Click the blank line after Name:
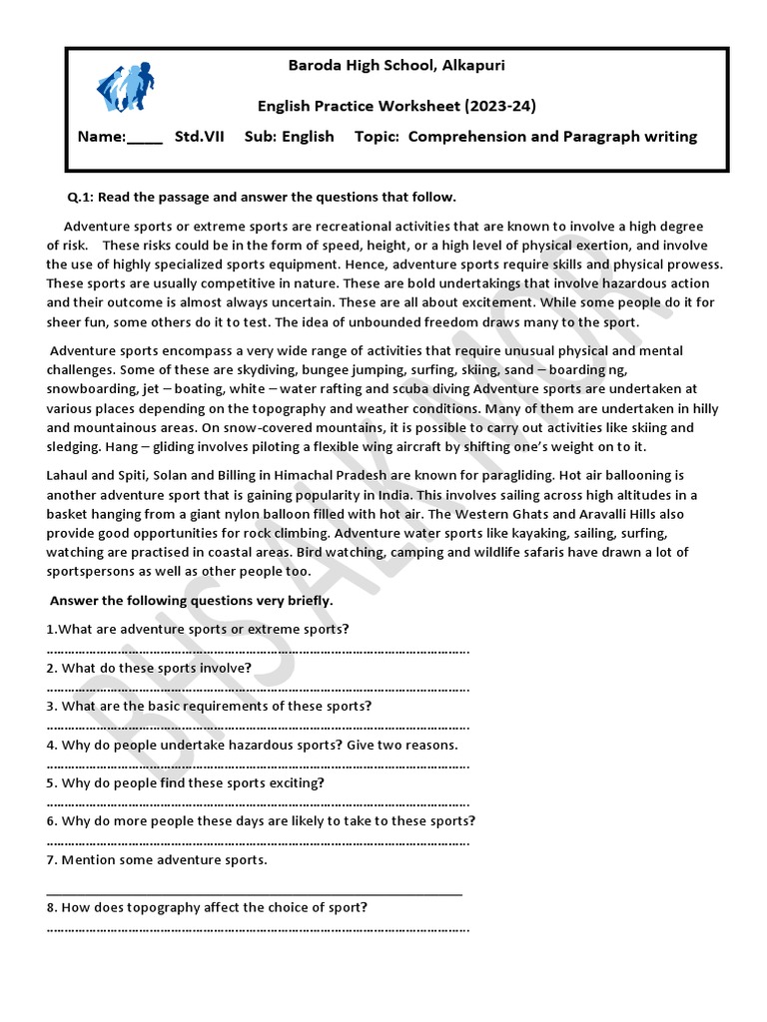click(x=145, y=139)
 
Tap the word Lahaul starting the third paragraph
click(x=70, y=476)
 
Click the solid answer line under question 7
click(x=255, y=892)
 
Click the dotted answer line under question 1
click(x=258, y=651)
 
